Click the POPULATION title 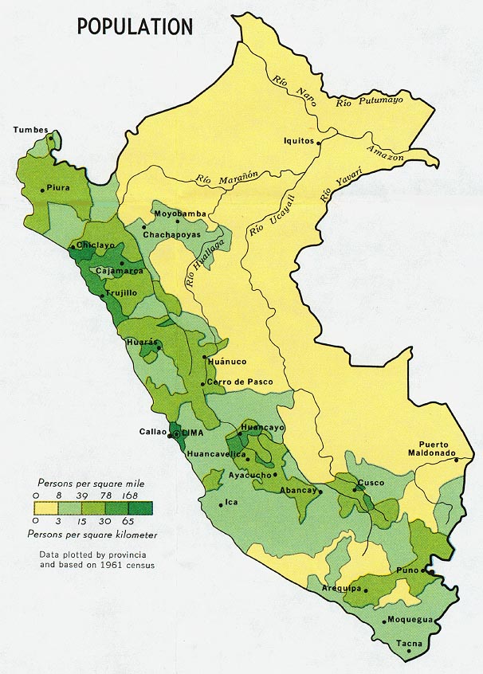tap(135, 26)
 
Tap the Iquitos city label tap(300, 140)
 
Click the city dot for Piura tap(42, 190)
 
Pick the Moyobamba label tap(179, 214)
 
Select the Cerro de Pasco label tap(239, 382)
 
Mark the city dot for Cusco tap(355, 482)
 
